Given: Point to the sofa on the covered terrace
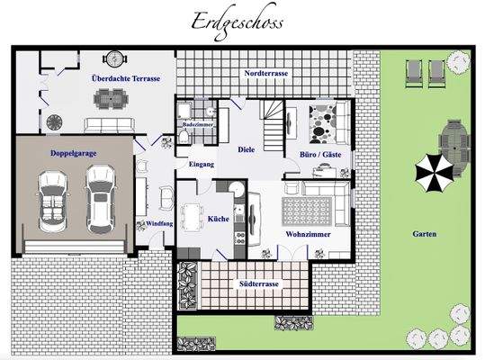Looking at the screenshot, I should (x=114, y=124).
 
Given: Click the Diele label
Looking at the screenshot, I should (x=247, y=151).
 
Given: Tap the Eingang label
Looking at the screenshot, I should (x=201, y=164).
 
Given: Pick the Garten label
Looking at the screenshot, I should (x=425, y=233).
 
